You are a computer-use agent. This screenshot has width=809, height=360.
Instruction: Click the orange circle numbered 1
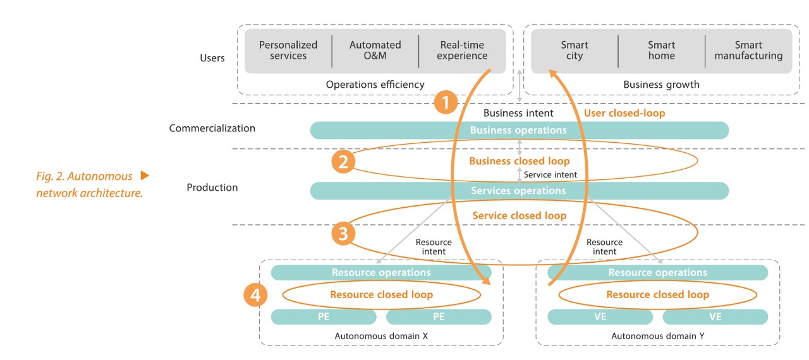tap(446, 102)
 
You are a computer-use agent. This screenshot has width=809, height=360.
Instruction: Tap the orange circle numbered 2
tap(343, 162)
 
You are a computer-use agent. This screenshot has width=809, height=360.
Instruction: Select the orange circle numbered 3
tap(343, 234)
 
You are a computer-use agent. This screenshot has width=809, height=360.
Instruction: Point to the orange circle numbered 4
tap(256, 295)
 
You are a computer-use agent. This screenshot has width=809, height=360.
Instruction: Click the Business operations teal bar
tap(519, 131)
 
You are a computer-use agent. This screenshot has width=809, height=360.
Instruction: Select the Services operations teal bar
tap(519, 191)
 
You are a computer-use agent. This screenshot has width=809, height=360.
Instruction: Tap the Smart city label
tap(574, 51)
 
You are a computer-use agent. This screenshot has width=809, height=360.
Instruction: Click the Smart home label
tap(661, 51)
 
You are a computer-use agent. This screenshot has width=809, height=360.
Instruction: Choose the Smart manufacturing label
tap(748, 51)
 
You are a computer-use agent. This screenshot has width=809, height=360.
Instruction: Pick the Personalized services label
tap(288, 51)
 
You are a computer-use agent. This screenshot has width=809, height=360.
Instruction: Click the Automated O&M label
tap(375, 51)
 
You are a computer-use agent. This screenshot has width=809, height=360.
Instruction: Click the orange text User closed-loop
tap(624, 113)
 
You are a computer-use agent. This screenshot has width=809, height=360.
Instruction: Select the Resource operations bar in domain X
tap(381, 273)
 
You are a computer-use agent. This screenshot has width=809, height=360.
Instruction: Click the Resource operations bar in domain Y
tap(657, 273)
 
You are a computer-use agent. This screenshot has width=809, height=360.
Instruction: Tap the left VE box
tap(600, 317)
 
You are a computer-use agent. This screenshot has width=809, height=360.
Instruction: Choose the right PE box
tap(439, 317)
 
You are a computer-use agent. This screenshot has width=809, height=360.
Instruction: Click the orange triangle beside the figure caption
tap(145, 176)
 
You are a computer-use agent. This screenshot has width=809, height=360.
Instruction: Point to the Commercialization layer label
tap(212, 128)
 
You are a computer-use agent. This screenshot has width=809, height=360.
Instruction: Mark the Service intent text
tap(550, 175)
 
